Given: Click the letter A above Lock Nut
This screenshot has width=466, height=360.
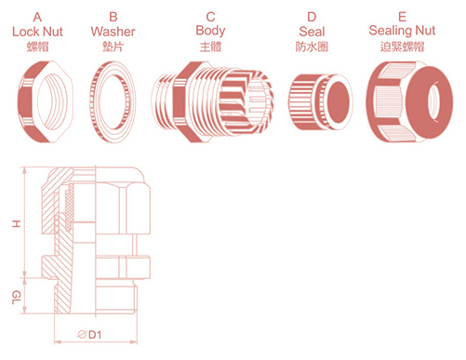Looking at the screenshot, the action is coord(37,17).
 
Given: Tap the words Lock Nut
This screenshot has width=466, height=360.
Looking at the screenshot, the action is coord(37,32).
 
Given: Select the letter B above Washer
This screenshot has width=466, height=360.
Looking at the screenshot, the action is coord(113,17).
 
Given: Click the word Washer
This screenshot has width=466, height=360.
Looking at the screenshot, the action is coord(113,32).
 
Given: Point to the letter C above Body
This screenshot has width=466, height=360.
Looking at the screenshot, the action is coord(210,17).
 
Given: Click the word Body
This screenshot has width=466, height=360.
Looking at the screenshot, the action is coord(210,31).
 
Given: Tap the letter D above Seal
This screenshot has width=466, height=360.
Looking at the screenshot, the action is coord(312,17).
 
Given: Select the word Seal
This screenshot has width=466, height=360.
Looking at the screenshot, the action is coord(312,32).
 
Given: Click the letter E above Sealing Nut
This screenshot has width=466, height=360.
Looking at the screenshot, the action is coord(402,17).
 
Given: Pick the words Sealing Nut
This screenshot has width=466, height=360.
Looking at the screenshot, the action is coord(402,31).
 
